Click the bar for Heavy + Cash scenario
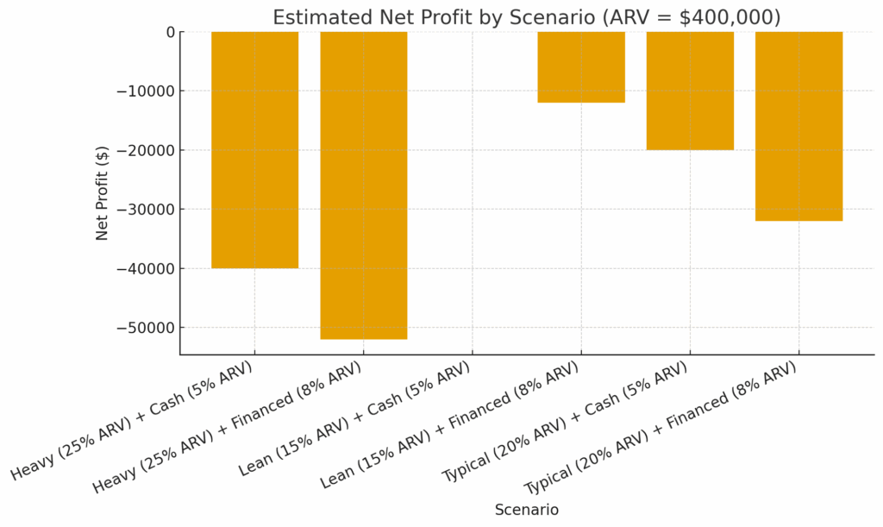click(x=254, y=149)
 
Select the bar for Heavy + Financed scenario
click(x=363, y=185)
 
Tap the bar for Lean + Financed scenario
click(x=581, y=67)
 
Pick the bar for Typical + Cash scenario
click(x=690, y=91)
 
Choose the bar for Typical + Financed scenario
click(x=798, y=126)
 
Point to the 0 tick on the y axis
click(x=168, y=32)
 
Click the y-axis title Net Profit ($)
click(x=103, y=192)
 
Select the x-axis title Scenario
click(x=526, y=510)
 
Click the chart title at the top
click(x=526, y=17)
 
